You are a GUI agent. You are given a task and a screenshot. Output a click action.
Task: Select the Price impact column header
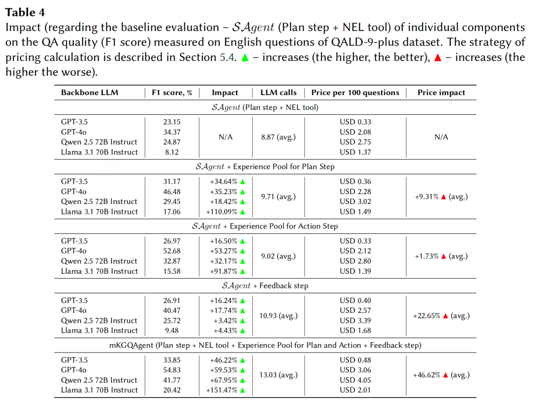[x=441, y=93]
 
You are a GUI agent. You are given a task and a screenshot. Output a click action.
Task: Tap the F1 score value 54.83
[x=171, y=370]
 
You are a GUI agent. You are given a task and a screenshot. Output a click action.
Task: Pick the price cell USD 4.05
[x=355, y=380]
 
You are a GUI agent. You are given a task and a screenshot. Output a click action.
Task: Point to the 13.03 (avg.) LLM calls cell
[x=278, y=375]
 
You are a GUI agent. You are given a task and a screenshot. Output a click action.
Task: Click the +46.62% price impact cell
[x=441, y=375]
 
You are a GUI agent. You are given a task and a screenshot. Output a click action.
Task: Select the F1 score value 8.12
[x=171, y=152]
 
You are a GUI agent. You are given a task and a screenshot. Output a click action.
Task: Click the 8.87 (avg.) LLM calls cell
[x=278, y=137]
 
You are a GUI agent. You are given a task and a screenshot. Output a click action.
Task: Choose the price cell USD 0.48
[x=355, y=360]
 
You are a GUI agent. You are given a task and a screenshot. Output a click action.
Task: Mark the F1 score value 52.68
[x=171, y=251]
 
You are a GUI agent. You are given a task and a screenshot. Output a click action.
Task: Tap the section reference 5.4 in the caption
[x=227, y=57]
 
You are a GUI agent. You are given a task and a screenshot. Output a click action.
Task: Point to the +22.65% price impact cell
[x=441, y=315]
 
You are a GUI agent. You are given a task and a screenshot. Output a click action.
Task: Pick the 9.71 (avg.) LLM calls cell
[x=278, y=197]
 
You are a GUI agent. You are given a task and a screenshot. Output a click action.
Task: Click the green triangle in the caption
[x=245, y=57]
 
